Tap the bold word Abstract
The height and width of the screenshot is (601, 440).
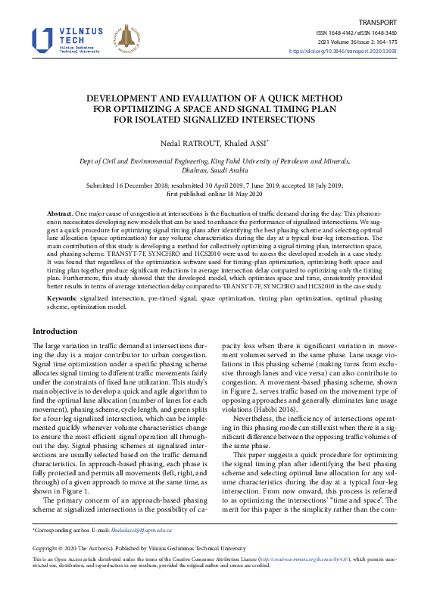tap(60, 215)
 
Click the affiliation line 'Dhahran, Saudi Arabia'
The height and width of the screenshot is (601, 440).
tap(220, 170)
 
